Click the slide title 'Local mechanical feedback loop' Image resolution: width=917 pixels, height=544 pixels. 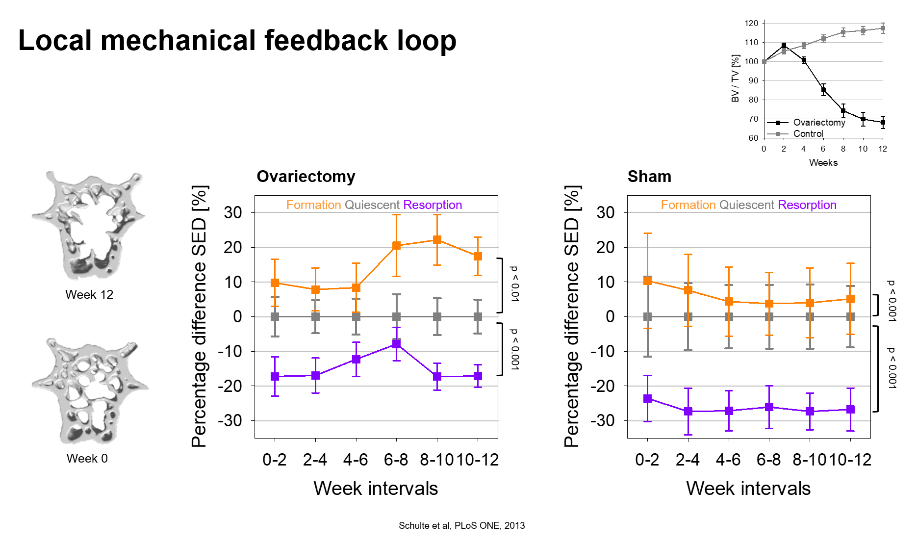click(x=237, y=40)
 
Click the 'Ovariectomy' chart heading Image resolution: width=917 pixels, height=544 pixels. click(x=306, y=177)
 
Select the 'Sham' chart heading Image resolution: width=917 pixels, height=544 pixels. click(x=649, y=177)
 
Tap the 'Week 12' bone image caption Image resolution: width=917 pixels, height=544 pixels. click(x=89, y=294)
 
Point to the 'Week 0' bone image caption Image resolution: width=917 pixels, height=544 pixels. click(x=87, y=458)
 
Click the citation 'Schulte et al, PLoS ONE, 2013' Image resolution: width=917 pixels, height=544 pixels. click(x=461, y=526)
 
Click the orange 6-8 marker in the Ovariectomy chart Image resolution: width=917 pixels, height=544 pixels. click(x=396, y=246)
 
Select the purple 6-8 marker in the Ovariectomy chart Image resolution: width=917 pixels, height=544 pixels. click(x=396, y=344)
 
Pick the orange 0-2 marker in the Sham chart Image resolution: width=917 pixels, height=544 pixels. click(x=647, y=281)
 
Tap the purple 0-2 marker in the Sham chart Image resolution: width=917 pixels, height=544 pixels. click(x=647, y=399)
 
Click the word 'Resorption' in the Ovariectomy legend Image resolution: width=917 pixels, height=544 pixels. click(x=433, y=205)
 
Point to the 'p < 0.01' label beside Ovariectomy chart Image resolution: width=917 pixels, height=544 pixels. click(x=514, y=284)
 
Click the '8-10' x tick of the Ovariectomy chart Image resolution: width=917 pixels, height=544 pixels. click(x=437, y=460)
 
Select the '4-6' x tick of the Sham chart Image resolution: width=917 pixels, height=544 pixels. click(x=728, y=460)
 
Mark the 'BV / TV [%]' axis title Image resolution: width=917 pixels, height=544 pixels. click(x=735, y=78)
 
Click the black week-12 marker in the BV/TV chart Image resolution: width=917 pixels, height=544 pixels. click(x=883, y=123)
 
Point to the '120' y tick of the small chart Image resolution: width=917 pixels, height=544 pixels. click(x=751, y=23)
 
